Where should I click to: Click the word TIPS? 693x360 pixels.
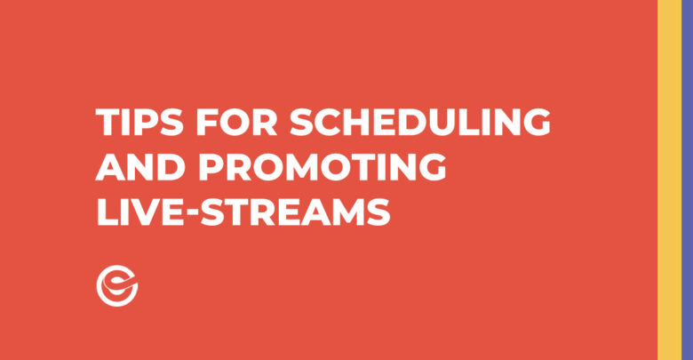[139, 122]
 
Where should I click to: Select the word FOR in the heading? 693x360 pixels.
[236, 122]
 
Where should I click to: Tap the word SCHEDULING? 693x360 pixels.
[420, 122]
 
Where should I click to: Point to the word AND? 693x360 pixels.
[140, 167]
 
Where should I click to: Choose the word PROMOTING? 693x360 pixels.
[323, 167]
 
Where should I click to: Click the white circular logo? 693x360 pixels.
[117, 285]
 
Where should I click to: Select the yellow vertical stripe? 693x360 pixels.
[669, 180]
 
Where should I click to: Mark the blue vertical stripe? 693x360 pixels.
[688, 180]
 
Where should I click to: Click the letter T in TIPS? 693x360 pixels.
[108, 122]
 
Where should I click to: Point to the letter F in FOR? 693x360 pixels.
[207, 122]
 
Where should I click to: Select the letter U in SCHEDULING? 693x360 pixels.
[448, 123]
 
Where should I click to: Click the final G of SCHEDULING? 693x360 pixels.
[537, 122]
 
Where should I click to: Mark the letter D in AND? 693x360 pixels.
[171, 167]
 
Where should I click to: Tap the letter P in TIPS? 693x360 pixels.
[146, 122]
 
